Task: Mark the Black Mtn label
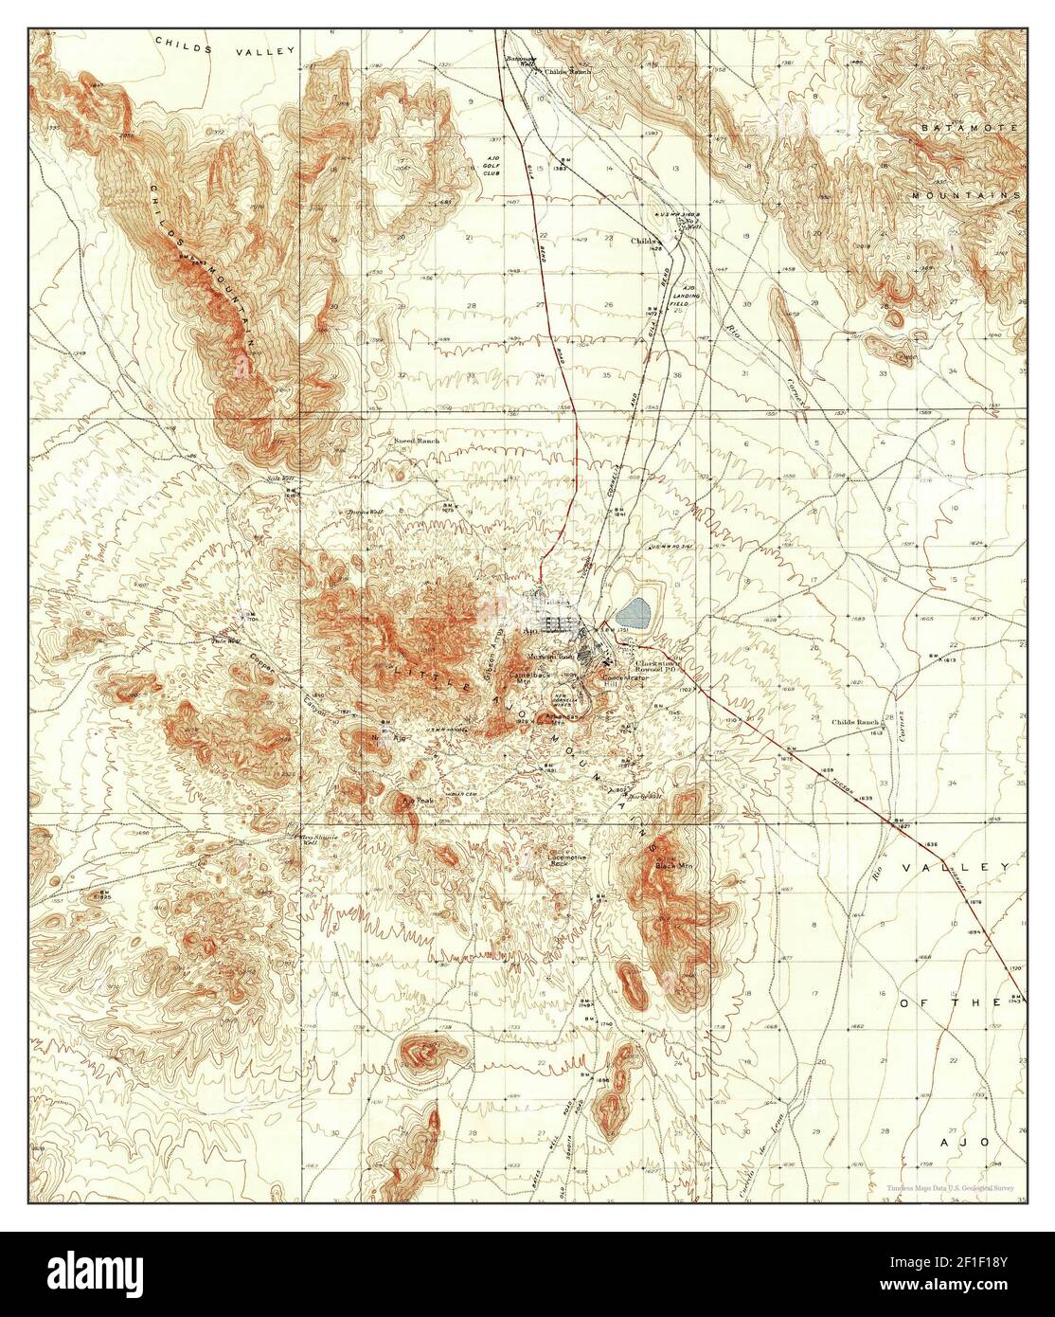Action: (x=662, y=863)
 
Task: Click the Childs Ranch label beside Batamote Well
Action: (x=568, y=72)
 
